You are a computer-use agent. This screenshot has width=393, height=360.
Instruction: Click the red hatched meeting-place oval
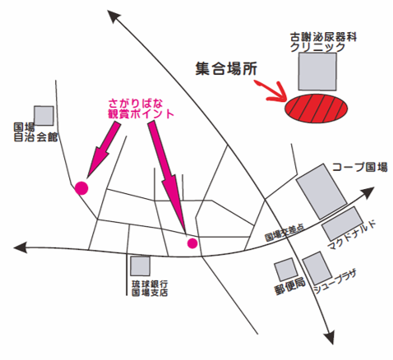316,108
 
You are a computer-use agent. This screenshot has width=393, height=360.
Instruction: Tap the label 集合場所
226,69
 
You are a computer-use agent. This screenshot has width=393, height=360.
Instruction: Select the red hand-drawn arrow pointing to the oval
274,92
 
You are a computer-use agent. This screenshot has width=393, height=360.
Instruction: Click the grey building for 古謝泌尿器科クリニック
317,72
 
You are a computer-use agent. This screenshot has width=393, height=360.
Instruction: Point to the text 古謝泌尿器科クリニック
323,42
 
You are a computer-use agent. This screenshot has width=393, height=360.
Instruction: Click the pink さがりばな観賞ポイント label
141,108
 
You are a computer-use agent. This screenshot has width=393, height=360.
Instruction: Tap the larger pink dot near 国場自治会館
81,188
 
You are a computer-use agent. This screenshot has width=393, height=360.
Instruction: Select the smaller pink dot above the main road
192,243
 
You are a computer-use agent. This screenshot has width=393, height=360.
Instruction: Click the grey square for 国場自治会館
44,116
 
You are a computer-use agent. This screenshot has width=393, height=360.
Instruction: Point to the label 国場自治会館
35,132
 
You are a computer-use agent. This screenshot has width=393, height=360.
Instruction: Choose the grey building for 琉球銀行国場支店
140,266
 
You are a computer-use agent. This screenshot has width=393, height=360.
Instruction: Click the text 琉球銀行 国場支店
150,288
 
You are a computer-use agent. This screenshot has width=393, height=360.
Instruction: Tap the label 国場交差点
284,233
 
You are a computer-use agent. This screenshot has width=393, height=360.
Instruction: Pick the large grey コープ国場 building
321,192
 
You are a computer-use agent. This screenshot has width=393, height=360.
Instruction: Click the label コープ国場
360,167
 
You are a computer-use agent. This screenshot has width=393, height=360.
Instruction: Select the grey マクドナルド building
343,224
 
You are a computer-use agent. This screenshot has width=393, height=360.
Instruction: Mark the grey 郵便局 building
286,270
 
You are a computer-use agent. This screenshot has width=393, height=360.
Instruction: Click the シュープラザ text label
335,282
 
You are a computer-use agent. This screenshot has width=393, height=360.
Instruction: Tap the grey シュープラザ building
317,268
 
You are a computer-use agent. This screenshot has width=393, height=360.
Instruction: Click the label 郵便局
289,287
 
